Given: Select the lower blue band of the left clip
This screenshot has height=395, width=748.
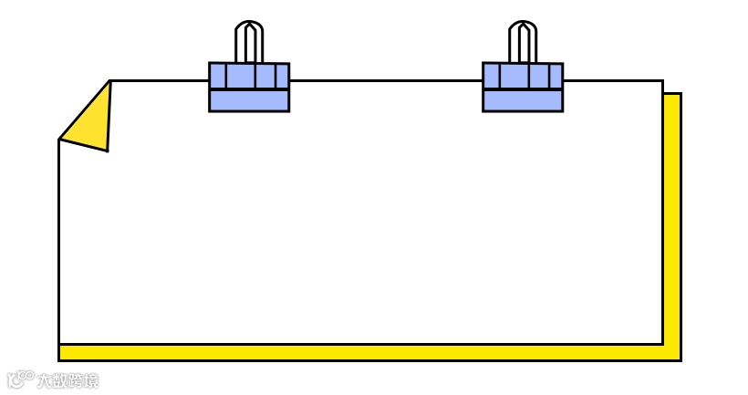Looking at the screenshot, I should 249,100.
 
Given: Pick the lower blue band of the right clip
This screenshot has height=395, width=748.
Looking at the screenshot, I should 523,100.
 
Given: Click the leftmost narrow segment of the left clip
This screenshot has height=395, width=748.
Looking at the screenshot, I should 217,76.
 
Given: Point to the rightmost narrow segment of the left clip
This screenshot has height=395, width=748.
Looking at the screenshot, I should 282,76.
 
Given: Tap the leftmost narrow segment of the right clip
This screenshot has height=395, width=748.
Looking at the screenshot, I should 491,76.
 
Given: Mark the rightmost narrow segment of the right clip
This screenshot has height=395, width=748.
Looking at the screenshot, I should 556,76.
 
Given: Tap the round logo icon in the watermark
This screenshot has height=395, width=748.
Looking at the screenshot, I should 20,379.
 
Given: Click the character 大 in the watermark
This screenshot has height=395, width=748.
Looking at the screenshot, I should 45,380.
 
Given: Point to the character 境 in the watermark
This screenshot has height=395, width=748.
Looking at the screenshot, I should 90,380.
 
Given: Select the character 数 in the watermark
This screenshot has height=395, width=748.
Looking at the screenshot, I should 59,380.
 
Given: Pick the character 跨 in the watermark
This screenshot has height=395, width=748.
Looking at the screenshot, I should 75,380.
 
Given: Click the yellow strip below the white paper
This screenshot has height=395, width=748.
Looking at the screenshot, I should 365,352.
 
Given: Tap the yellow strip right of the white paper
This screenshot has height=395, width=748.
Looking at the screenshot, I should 672,219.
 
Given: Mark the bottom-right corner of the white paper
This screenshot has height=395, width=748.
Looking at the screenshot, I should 662,344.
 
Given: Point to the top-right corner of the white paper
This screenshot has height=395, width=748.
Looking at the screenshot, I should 662,81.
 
